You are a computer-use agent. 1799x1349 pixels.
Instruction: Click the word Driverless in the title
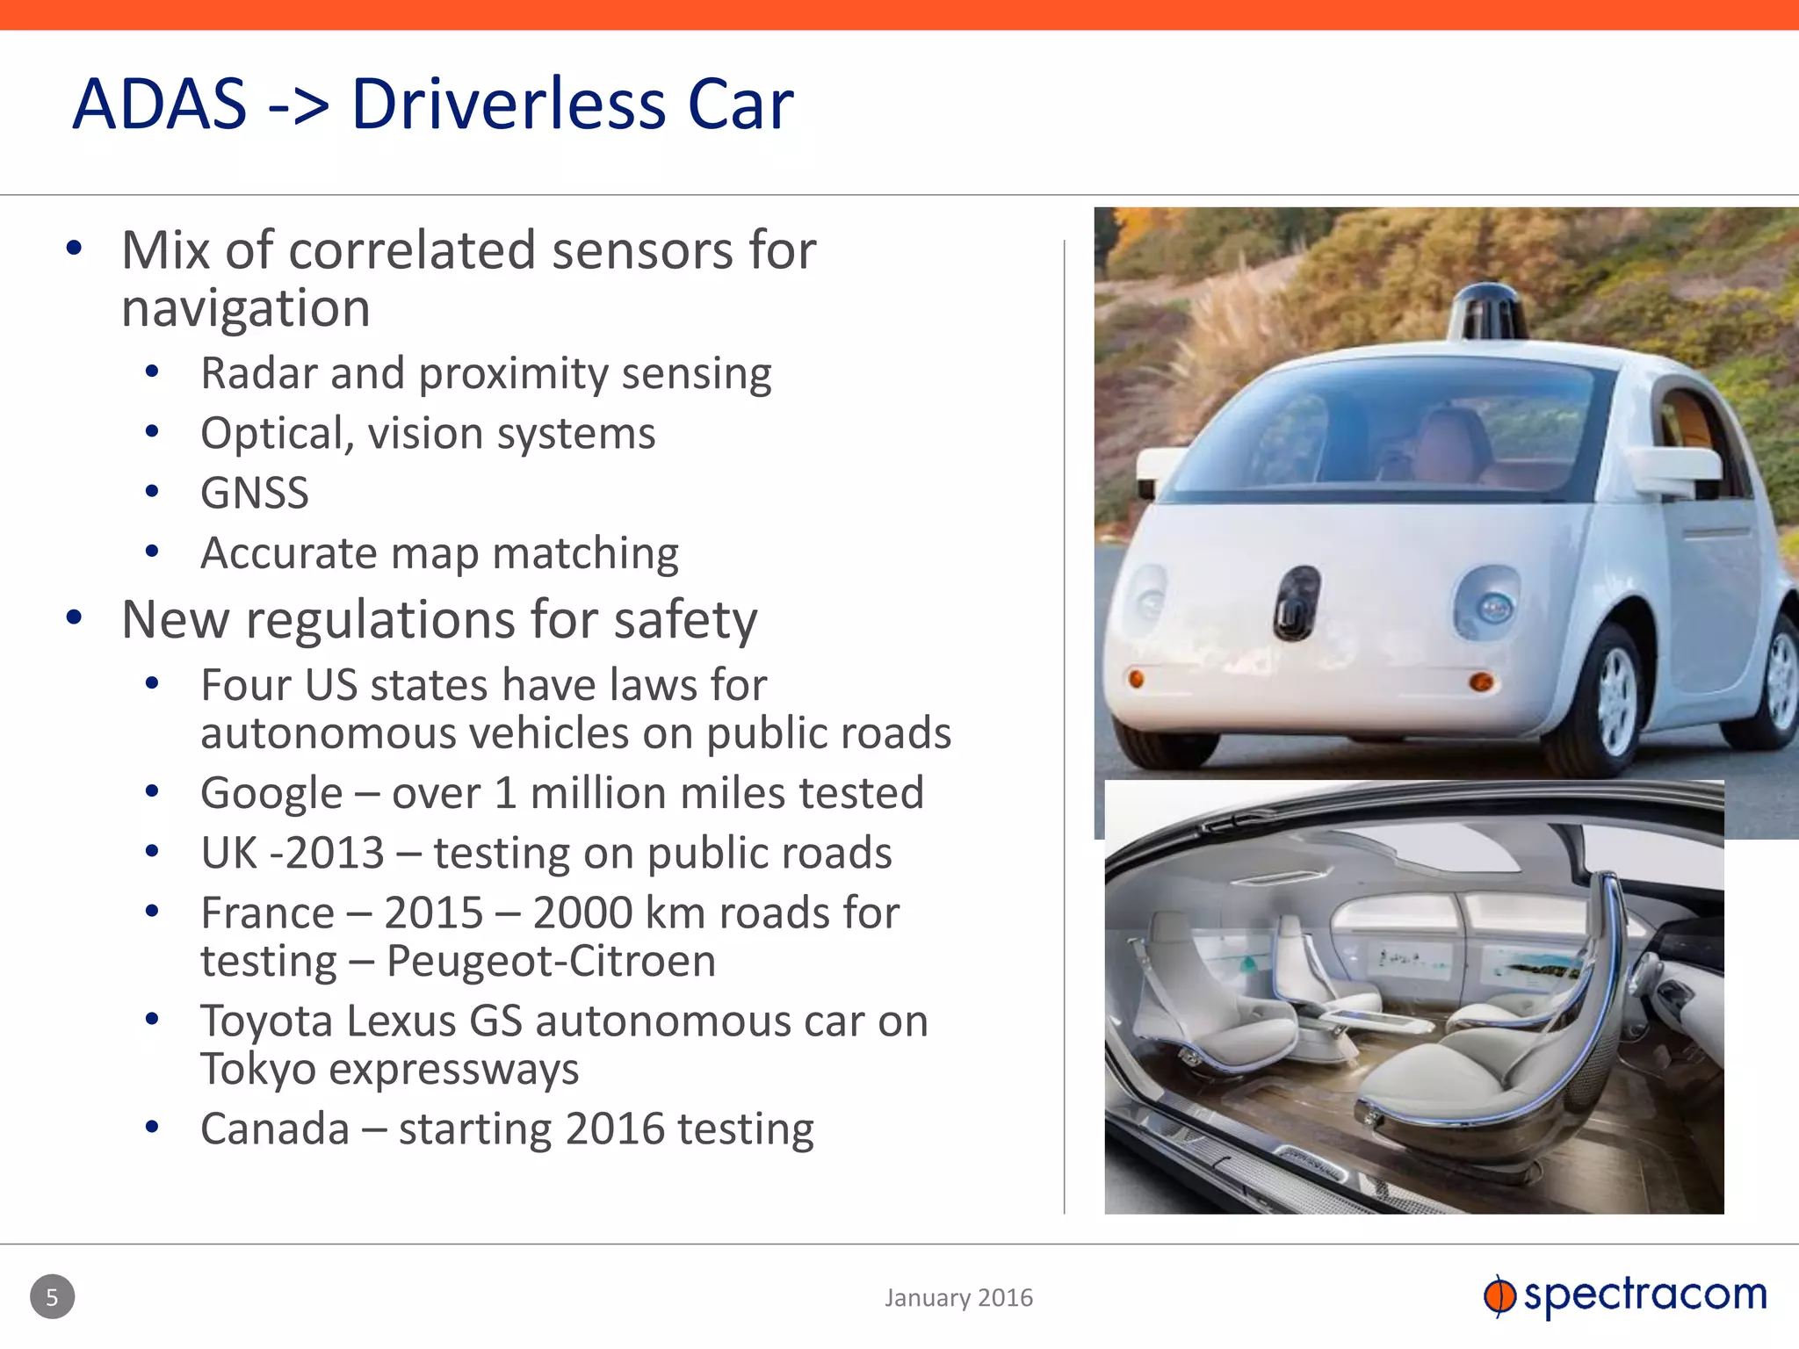pyautogui.click(x=509, y=105)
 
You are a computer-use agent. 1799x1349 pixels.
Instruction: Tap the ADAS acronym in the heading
pyautogui.click(x=160, y=105)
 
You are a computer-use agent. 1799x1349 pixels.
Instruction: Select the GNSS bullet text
pyautogui.click(x=255, y=493)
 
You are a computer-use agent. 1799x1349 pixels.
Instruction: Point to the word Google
pyautogui.click(x=271, y=794)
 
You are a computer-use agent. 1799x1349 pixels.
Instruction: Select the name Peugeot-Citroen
pyautogui.click(x=551, y=961)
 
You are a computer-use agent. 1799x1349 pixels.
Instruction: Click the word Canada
pyautogui.click(x=275, y=1129)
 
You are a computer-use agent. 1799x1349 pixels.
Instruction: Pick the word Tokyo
pyautogui.click(x=257, y=1069)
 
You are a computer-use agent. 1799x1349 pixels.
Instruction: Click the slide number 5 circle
pyautogui.click(x=52, y=1297)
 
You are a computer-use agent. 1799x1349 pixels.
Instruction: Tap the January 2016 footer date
pyautogui.click(x=958, y=1298)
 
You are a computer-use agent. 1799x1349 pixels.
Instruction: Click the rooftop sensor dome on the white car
pyautogui.click(x=1488, y=311)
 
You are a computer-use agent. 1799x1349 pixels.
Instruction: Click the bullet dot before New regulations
pyautogui.click(x=74, y=618)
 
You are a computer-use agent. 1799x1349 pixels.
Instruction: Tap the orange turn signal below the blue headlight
pyautogui.click(x=1481, y=682)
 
